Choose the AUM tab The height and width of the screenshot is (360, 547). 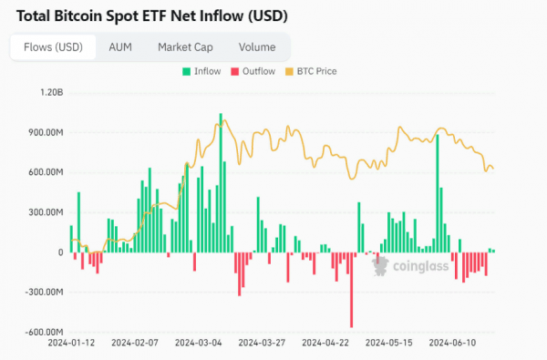coord(119,47)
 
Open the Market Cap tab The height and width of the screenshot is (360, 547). coord(186,47)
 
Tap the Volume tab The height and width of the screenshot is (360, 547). coord(257,47)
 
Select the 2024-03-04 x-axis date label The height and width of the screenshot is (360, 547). coord(199,345)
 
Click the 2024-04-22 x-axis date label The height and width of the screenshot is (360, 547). coord(325,345)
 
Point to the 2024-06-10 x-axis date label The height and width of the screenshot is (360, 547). coord(453,345)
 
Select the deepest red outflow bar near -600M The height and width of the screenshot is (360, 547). coord(351,290)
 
